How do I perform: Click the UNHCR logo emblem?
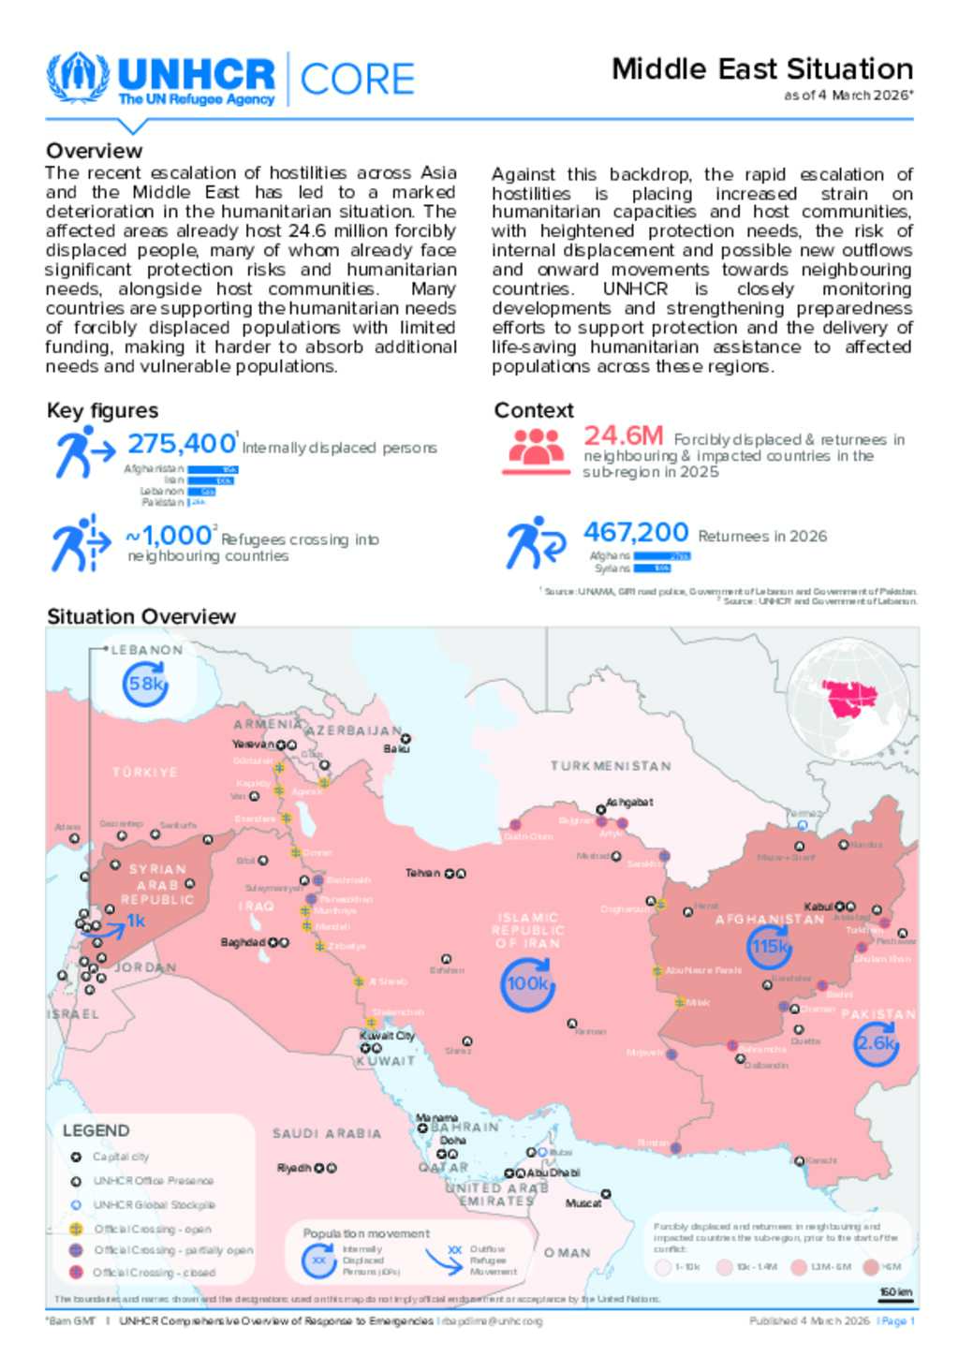pos(78,79)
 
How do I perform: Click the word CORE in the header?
pos(357,80)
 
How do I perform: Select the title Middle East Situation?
pos(761,69)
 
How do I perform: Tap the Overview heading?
pos(95,151)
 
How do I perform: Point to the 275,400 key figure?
pos(182,443)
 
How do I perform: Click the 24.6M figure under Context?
pos(623,436)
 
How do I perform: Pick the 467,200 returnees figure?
pos(636,533)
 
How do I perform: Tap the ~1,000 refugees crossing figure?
pos(169,536)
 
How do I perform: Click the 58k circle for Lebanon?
pos(146,685)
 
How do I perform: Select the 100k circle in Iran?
pos(527,984)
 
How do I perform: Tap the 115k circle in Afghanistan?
pos(770,947)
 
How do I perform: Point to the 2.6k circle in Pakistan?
pos(876,1043)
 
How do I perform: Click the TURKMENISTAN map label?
pos(611,766)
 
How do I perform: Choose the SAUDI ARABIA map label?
pos(327,1133)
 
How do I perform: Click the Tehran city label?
pos(422,873)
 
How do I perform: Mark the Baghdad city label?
pos(243,942)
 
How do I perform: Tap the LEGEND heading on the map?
pos(96,1130)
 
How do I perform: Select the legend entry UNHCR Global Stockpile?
pos(154,1205)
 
